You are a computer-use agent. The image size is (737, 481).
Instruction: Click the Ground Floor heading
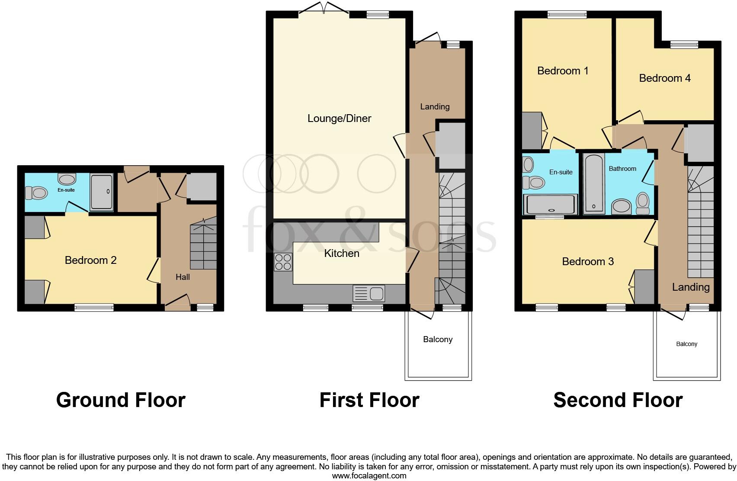point(121,400)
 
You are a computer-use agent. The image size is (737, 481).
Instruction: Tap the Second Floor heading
point(618,400)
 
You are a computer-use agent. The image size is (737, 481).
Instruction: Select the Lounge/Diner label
point(339,119)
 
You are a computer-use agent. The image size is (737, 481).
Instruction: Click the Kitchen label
point(342,253)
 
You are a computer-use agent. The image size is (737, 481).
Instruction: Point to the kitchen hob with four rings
point(283,262)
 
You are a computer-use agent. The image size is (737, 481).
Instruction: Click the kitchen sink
point(369,294)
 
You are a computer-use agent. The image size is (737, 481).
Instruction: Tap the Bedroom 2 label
point(90,260)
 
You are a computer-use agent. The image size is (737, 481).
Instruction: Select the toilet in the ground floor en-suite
point(36,192)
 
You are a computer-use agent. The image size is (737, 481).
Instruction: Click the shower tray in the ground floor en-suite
point(102,191)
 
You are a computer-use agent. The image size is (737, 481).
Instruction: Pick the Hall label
point(183,277)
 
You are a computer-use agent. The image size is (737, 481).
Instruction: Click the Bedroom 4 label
point(664,78)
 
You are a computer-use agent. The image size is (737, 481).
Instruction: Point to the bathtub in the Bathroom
point(594,184)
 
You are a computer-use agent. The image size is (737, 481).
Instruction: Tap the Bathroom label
point(622,169)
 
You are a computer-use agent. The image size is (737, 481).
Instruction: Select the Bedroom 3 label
point(588,262)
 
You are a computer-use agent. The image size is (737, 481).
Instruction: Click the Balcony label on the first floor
point(438,340)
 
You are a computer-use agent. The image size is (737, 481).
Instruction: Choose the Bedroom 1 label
point(562,71)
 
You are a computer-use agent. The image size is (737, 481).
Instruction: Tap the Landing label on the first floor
point(435,107)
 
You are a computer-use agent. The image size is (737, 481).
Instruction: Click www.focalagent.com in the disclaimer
point(369,476)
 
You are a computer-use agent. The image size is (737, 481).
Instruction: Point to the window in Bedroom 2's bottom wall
point(94,308)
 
